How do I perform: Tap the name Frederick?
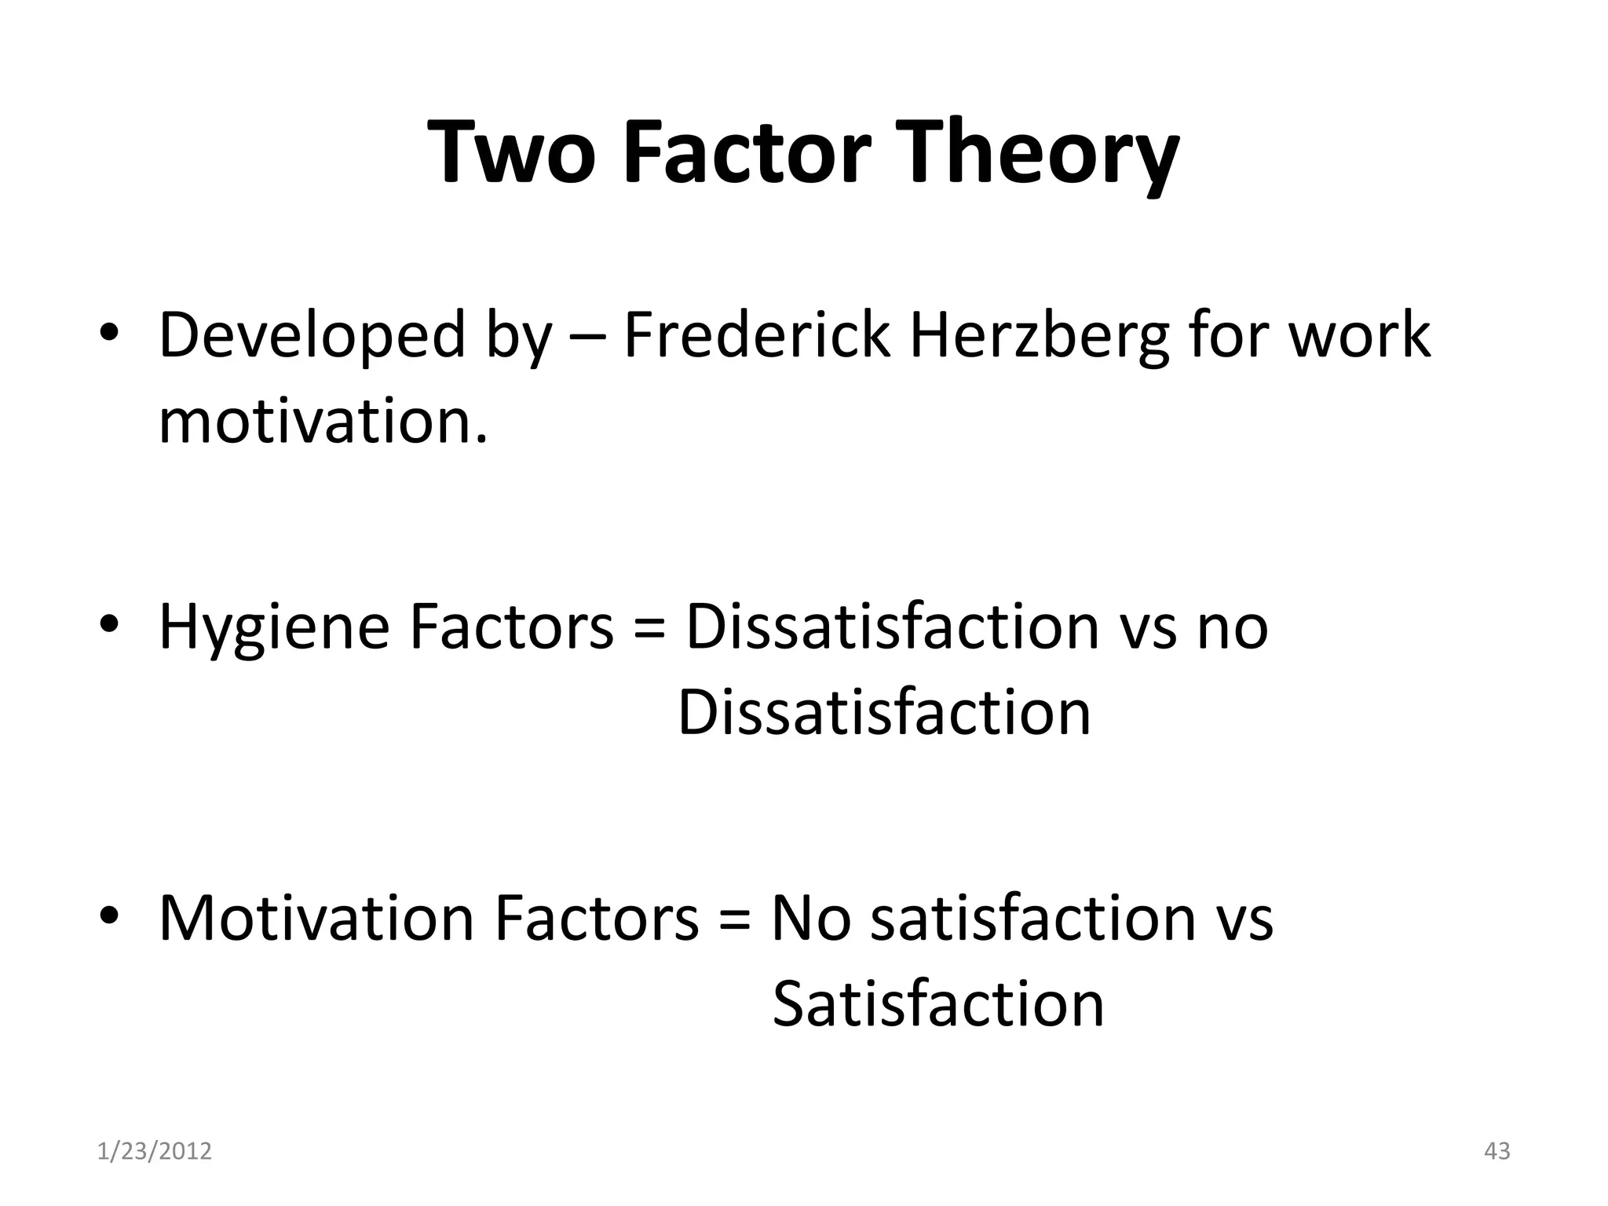click(x=757, y=335)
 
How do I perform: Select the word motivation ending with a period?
click(x=323, y=422)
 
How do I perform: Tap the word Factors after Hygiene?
click(x=511, y=627)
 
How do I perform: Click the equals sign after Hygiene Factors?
click(x=649, y=627)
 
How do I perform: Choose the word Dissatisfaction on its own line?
click(x=884, y=713)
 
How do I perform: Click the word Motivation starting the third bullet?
click(x=316, y=918)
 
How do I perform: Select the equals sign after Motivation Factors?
click(x=735, y=918)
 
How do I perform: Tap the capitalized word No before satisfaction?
click(x=811, y=918)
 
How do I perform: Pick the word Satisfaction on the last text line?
click(x=938, y=1004)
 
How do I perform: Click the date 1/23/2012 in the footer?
click(x=155, y=1151)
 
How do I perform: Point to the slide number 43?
click(x=1497, y=1151)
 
